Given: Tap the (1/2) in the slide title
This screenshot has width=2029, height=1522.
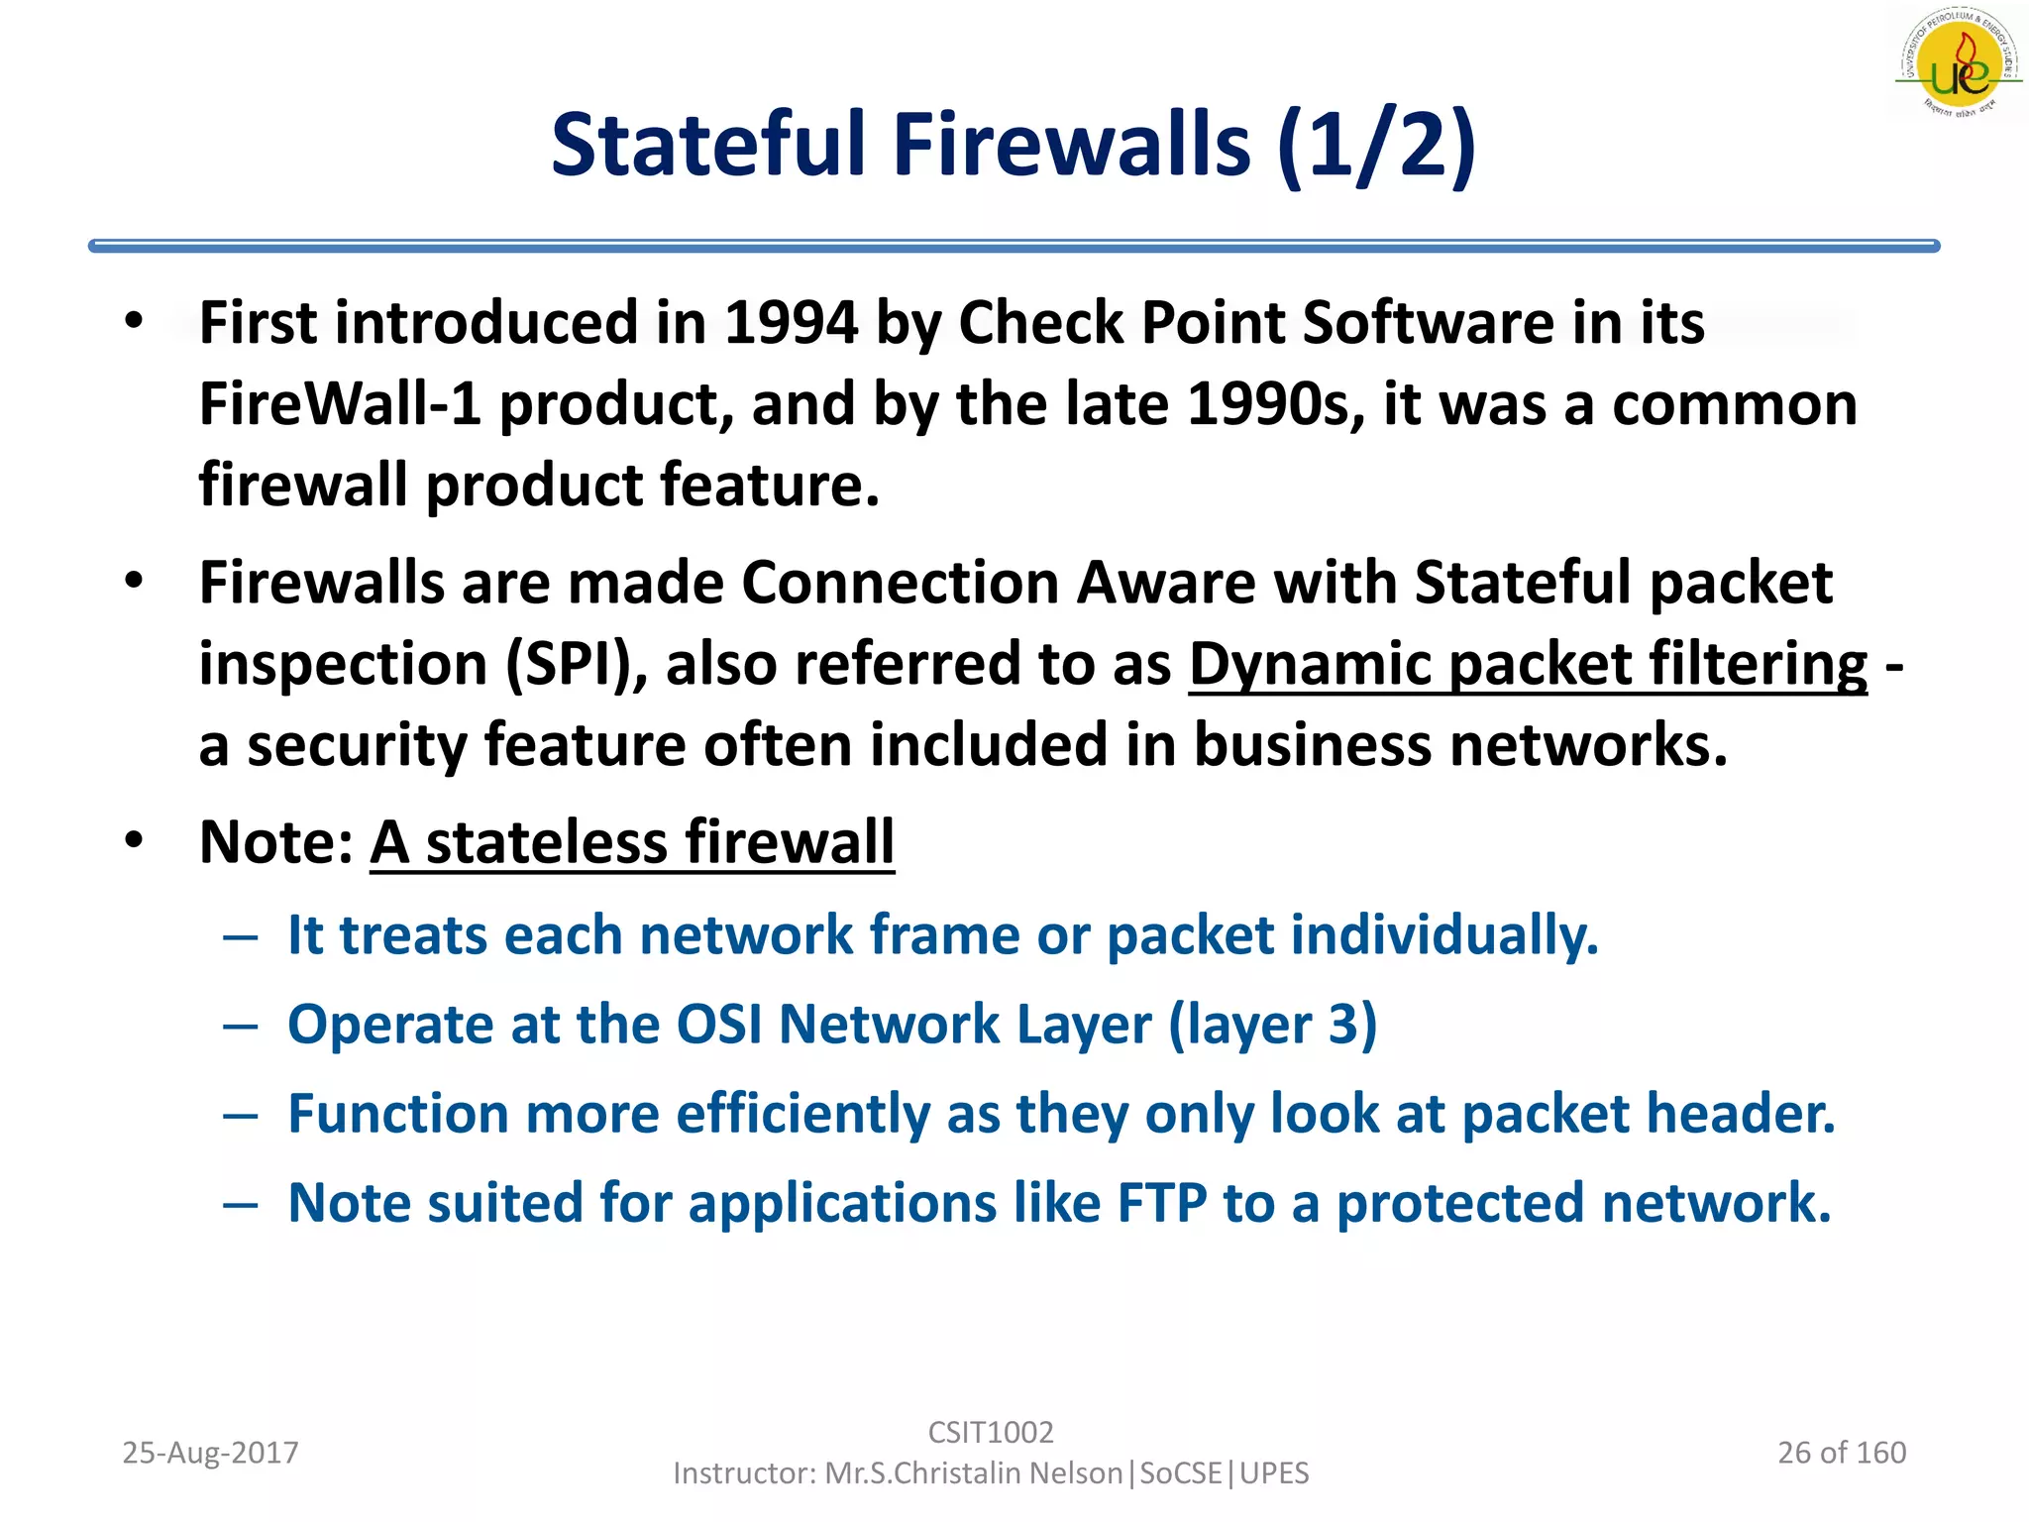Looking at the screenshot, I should pyautogui.click(x=1376, y=146).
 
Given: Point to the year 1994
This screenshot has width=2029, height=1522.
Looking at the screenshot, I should pyautogui.click(x=791, y=323).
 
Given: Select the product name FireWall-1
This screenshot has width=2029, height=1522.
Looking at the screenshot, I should pyautogui.click(x=340, y=404).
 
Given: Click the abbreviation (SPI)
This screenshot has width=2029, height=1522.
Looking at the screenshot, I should pyautogui.click(x=577, y=664).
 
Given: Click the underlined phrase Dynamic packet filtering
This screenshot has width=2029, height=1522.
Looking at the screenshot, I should pyautogui.click(x=1527, y=664).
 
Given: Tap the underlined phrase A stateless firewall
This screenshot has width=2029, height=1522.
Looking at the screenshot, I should pyautogui.click(x=632, y=842).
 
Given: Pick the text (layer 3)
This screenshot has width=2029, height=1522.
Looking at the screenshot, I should pyautogui.click(x=1272, y=1024).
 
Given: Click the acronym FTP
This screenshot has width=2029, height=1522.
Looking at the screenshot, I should pyautogui.click(x=1161, y=1203).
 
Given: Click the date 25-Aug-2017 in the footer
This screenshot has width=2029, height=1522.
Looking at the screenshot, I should pyautogui.click(x=210, y=1453).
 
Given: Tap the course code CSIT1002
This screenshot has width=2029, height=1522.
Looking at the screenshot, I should pyautogui.click(x=990, y=1432).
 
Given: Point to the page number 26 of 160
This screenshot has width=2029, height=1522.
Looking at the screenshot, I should pyautogui.click(x=1841, y=1453).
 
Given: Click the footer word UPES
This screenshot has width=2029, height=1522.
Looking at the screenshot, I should pyautogui.click(x=1274, y=1473).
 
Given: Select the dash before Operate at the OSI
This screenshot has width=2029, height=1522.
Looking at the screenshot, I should pyautogui.click(x=241, y=1026).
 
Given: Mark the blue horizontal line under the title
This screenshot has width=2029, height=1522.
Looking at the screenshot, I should pyautogui.click(x=1013, y=246).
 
